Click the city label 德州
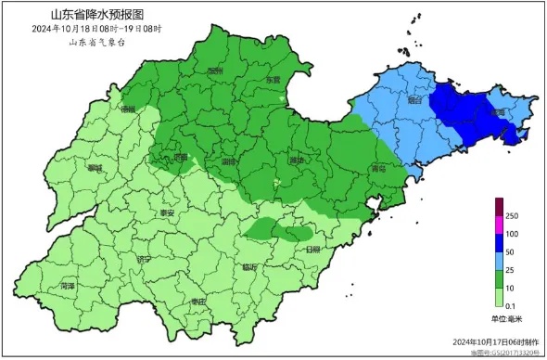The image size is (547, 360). coord(128,109)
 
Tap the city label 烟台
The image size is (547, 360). coord(414,99)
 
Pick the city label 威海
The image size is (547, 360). coord(498,112)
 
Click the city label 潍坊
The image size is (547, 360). coord(296,161)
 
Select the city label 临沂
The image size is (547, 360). coord(249,266)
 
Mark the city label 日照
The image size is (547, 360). coord(312,250)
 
